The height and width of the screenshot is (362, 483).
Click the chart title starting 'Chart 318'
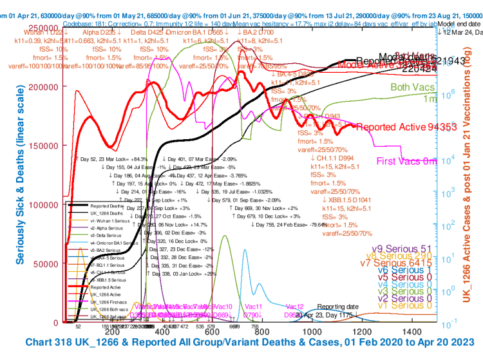point(252,342)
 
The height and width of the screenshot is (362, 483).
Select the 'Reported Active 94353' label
point(397,127)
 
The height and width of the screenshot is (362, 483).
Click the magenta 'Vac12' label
point(294,306)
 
